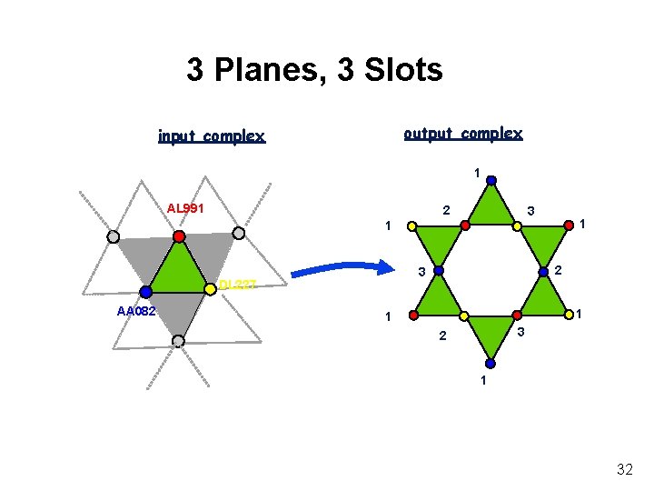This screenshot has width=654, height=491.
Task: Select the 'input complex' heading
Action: pos(211,137)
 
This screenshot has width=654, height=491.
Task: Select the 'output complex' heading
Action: pos(462,134)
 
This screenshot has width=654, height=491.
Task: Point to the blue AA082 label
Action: pos(135,311)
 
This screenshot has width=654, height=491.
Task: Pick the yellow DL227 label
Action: pos(240,285)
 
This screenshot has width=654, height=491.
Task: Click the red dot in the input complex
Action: pos(180,236)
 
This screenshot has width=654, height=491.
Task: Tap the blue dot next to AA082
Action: pos(145,292)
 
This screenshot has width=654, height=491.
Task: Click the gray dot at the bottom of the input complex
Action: pos(178,341)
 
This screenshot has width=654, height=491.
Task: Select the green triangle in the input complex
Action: pos(179,269)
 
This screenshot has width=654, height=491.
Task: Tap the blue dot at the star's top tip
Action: pos(491,180)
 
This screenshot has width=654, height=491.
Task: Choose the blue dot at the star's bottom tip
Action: pos(490,363)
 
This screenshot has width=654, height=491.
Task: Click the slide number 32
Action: pos(624,469)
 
